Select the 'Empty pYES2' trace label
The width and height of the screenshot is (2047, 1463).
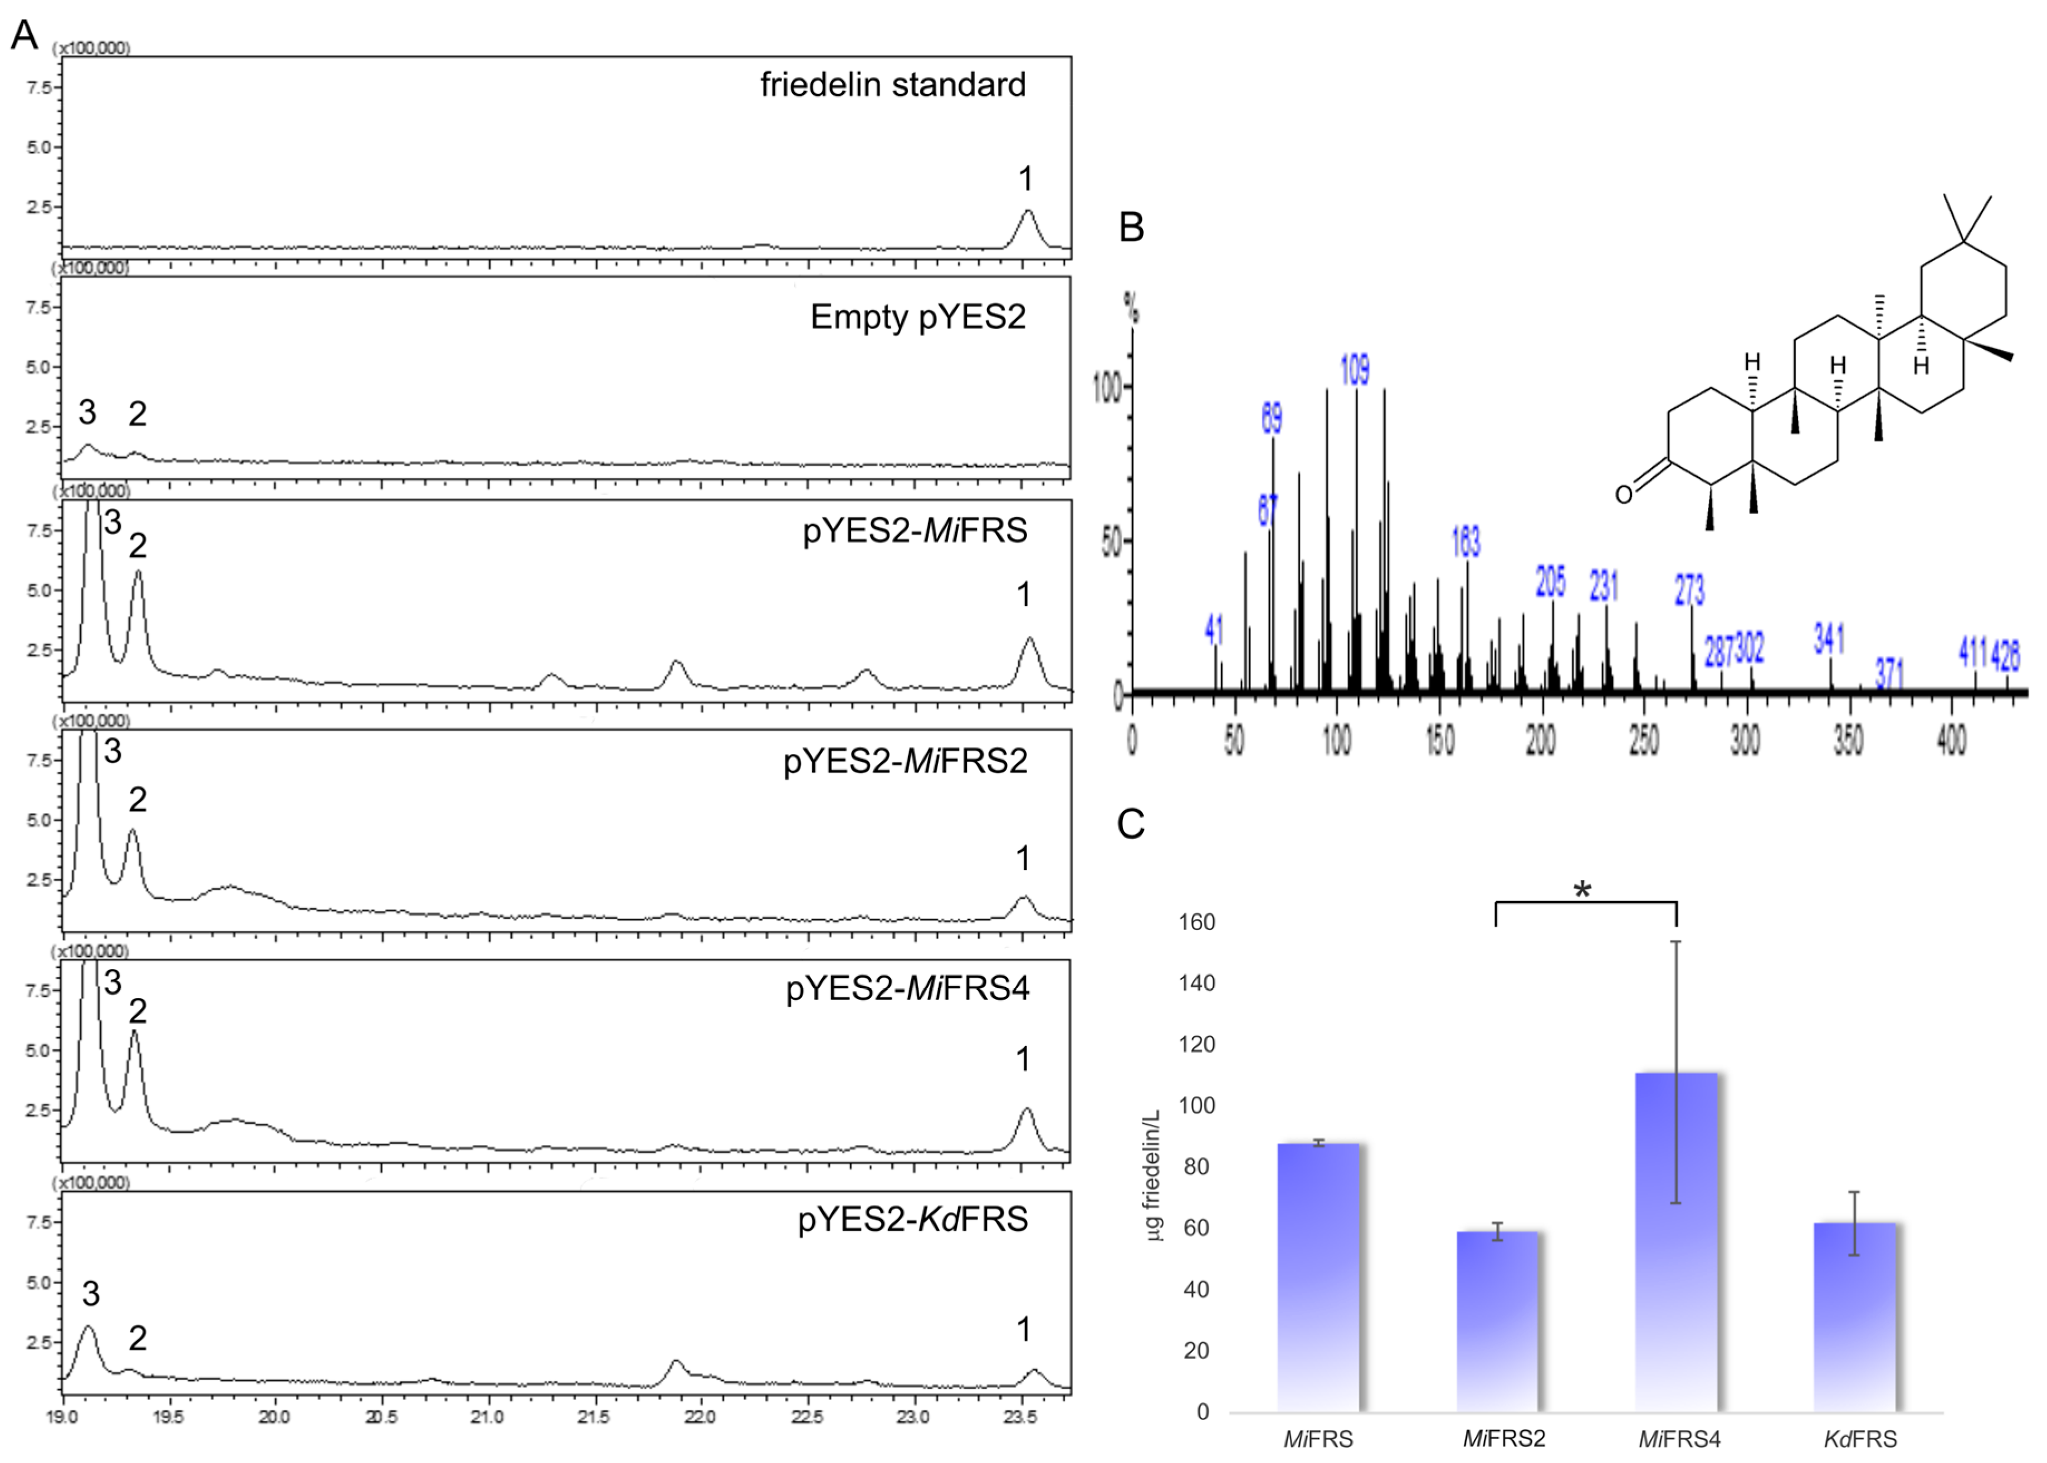(917, 317)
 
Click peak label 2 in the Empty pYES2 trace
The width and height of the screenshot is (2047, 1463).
(137, 413)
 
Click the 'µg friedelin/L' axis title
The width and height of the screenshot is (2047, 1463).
(1152, 1176)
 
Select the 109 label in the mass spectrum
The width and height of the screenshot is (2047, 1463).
(1355, 369)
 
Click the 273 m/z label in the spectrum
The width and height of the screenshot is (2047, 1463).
(1689, 591)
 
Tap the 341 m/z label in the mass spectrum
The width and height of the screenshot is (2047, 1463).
(1829, 639)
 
